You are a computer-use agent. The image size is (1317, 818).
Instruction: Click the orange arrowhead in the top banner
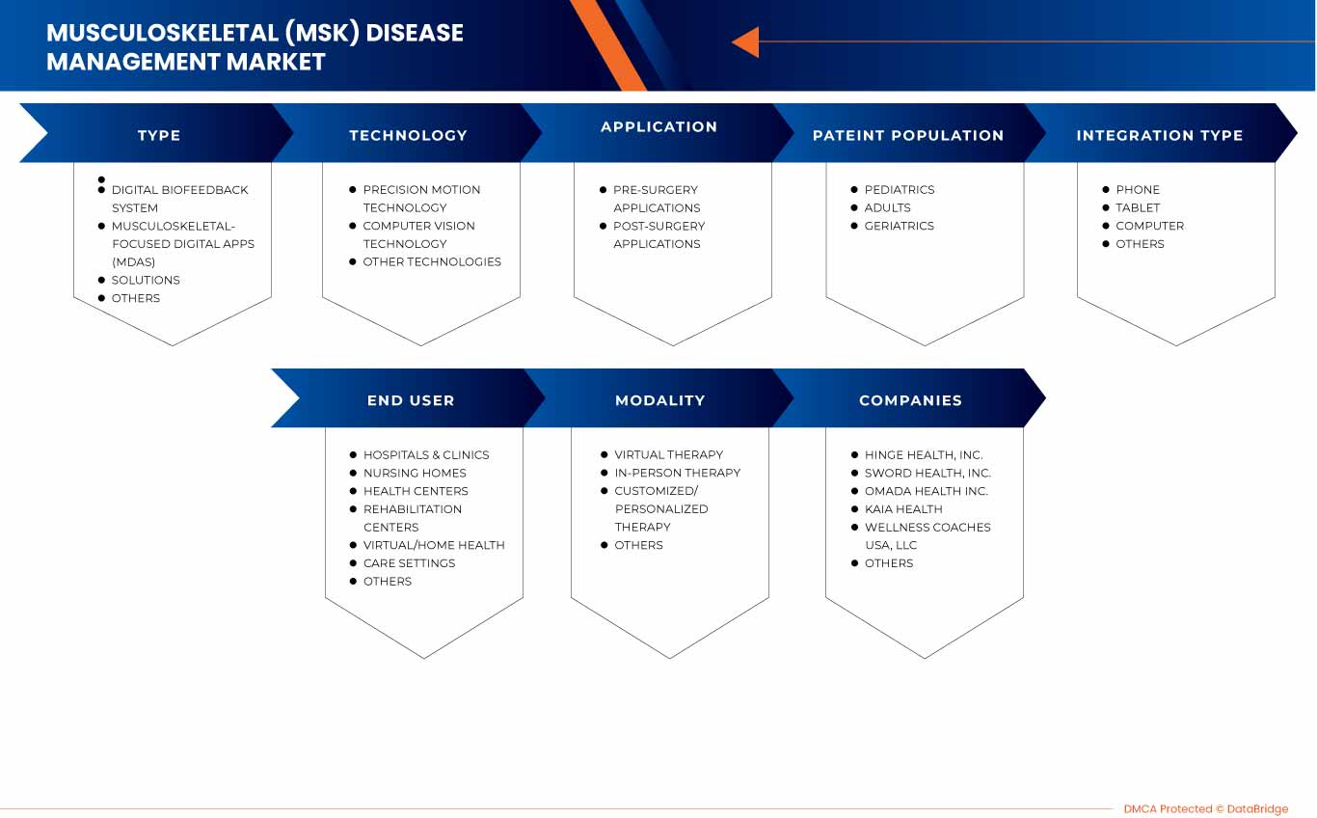click(x=745, y=41)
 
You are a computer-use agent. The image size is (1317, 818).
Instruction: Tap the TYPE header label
click(x=159, y=135)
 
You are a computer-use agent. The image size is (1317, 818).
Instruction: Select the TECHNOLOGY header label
click(x=408, y=135)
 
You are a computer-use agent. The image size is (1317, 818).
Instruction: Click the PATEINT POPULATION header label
click(x=908, y=135)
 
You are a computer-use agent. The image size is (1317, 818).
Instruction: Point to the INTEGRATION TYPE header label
click(x=1160, y=135)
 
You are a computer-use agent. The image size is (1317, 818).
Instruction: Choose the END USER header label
click(x=411, y=400)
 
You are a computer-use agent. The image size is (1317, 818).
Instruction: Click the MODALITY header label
click(x=659, y=400)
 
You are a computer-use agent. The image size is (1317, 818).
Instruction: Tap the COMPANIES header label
click(x=910, y=400)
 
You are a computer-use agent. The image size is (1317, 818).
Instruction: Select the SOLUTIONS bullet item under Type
click(x=146, y=280)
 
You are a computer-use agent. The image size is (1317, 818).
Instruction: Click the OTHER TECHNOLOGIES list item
click(x=432, y=261)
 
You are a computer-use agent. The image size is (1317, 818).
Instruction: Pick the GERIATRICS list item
click(x=899, y=226)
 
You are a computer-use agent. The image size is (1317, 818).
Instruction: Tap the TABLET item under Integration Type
click(x=1138, y=207)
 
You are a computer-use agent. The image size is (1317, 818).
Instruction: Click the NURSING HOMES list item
click(x=415, y=473)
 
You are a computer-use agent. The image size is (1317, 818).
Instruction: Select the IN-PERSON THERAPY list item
click(x=678, y=473)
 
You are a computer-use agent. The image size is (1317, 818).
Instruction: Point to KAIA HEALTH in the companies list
click(x=903, y=509)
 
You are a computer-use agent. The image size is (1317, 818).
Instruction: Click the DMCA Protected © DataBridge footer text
click(x=1206, y=809)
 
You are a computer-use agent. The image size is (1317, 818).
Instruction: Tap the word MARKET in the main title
click(x=275, y=62)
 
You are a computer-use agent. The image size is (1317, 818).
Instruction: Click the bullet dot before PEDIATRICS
click(x=854, y=189)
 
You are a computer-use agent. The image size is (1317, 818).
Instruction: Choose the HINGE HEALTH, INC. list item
click(x=924, y=454)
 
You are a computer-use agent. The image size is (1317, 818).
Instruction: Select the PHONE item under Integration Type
click(x=1138, y=189)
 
